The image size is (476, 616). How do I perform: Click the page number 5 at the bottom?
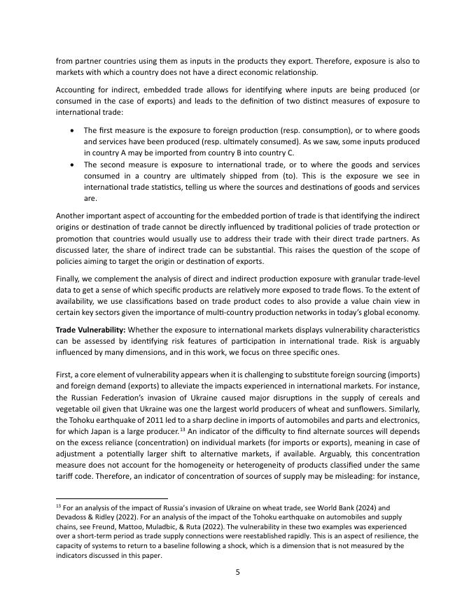click(x=237, y=572)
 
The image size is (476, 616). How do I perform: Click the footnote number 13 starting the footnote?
click(x=58, y=505)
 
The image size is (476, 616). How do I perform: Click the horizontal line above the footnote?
click(x=111, y=496)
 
